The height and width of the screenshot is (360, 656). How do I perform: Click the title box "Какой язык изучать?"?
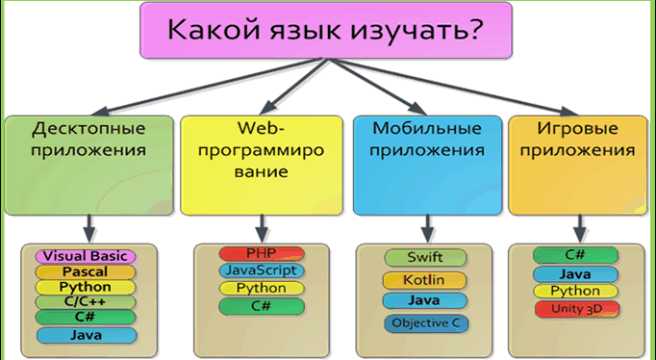coord(326,30)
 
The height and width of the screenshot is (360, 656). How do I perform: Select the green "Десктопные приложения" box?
coord(89,166)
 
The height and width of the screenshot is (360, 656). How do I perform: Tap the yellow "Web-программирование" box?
coord(262,166)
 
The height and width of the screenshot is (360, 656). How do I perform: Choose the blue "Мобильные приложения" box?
coord(428,166)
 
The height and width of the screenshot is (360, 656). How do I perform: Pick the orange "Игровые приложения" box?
coord(578,166)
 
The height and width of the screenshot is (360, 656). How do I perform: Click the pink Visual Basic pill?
coord(86,256)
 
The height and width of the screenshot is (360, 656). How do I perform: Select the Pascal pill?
coord(86,272)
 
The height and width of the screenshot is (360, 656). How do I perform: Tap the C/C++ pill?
coord(86,302)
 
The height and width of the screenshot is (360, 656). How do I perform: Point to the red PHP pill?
coord(262,253)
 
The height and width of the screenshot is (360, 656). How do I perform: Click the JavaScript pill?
coord(262,270)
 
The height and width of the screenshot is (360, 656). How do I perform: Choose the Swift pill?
coord(425,257)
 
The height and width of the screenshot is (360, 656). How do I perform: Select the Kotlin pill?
coord(424,280)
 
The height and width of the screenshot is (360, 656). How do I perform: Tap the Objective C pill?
coord(426,323)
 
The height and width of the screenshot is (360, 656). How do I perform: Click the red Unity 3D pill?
coord(577,309)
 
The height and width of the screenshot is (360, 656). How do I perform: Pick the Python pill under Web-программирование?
coord(262,288)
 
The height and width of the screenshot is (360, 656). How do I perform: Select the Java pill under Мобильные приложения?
coord(424,300)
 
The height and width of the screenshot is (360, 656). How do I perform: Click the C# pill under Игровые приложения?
coord(575,255)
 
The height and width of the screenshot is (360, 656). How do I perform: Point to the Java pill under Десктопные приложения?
coord(87,335)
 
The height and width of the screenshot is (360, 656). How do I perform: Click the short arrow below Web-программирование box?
coord(262,228)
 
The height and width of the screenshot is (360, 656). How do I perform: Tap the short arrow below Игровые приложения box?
coord(579,228)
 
